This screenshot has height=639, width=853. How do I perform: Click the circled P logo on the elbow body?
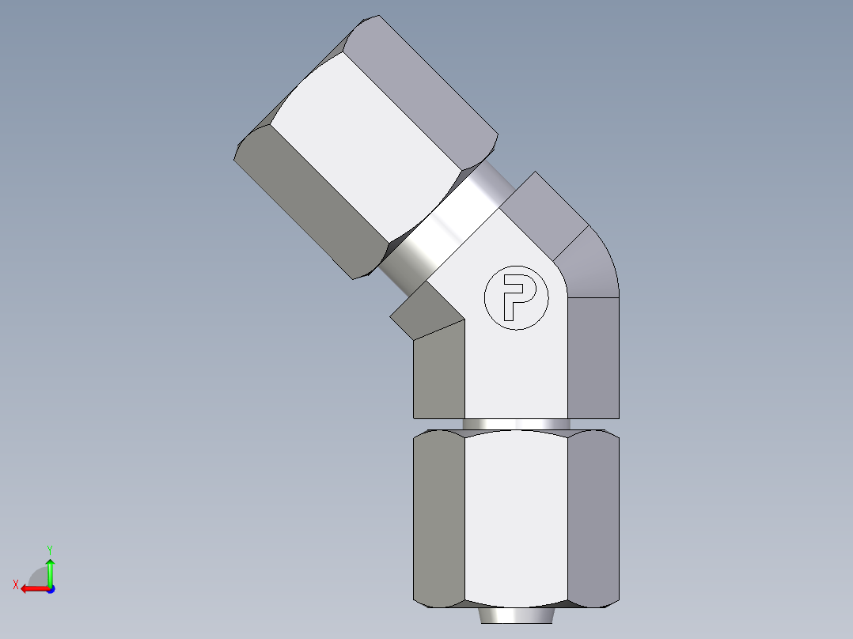(x=516, y=297)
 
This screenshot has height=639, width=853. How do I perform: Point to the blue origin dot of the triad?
(x=50, y=589)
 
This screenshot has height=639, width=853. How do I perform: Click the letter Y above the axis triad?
(x=50, y=549)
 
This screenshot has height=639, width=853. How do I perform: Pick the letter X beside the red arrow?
(x=15, y=584)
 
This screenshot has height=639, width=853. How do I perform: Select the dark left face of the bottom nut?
(x=438, y=518)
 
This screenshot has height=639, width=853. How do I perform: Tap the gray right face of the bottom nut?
(x=593, y=518)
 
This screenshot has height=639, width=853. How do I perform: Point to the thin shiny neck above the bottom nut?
(x=516, y=425)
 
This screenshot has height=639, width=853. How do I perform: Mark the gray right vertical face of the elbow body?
(x=593, y=356)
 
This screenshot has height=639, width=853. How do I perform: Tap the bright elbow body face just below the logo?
(x=516, y=372)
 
